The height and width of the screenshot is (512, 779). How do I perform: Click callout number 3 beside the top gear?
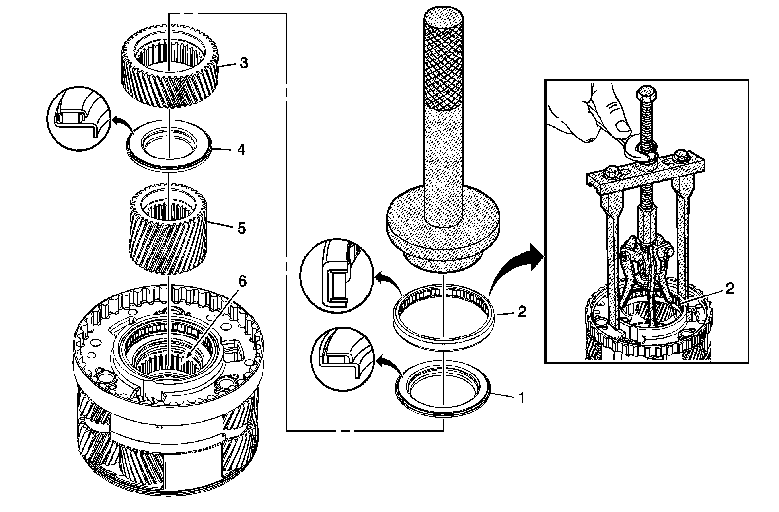click(243, 63)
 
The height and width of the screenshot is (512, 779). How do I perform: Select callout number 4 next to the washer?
click(241, 150)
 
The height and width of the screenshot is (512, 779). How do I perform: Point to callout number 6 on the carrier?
click(242, 281)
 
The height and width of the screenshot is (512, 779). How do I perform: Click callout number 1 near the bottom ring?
click(521, 398)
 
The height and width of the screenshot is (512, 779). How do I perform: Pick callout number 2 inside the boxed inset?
click(729, 289)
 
